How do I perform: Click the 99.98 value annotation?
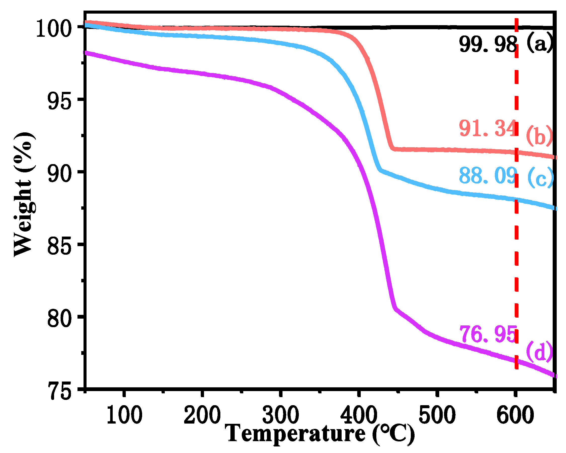488,45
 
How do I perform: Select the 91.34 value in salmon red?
488,128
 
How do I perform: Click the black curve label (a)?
539,43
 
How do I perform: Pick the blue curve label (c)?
540,178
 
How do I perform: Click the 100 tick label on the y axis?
54,29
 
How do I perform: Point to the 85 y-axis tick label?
59,247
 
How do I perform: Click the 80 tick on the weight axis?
59,319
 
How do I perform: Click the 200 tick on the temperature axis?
202,415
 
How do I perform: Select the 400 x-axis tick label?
359,415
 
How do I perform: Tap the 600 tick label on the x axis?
515,415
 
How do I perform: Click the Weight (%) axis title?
24,194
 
